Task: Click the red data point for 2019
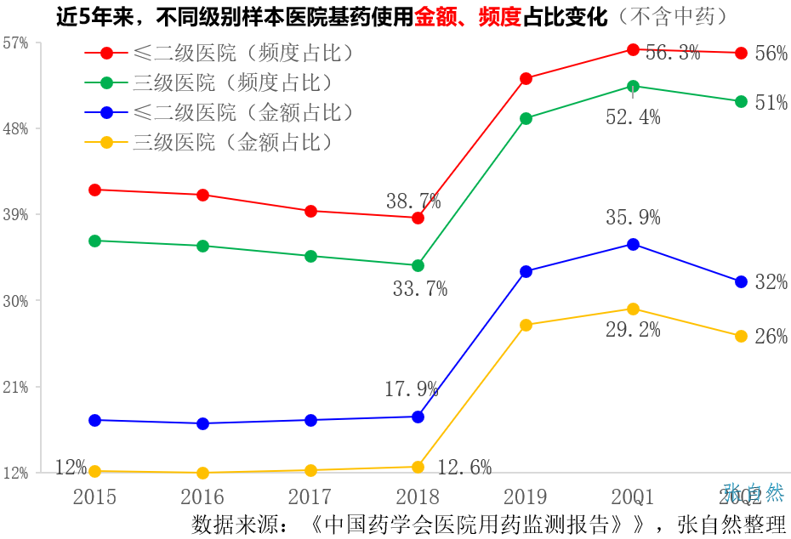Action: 526,79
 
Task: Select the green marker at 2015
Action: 95,241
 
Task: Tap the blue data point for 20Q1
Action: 633,245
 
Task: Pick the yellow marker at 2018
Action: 418,467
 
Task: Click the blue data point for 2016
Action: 202,423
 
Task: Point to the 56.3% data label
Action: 673,53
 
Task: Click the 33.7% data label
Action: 420,289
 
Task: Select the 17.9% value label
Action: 412,390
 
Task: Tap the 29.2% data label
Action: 633,330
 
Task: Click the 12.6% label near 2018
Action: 464,468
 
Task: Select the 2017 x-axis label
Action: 310,496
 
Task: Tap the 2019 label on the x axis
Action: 526,496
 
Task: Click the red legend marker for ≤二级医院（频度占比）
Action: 107,54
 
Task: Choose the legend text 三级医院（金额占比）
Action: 232,142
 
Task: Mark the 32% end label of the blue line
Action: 771,282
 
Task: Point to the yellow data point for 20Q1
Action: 633,309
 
